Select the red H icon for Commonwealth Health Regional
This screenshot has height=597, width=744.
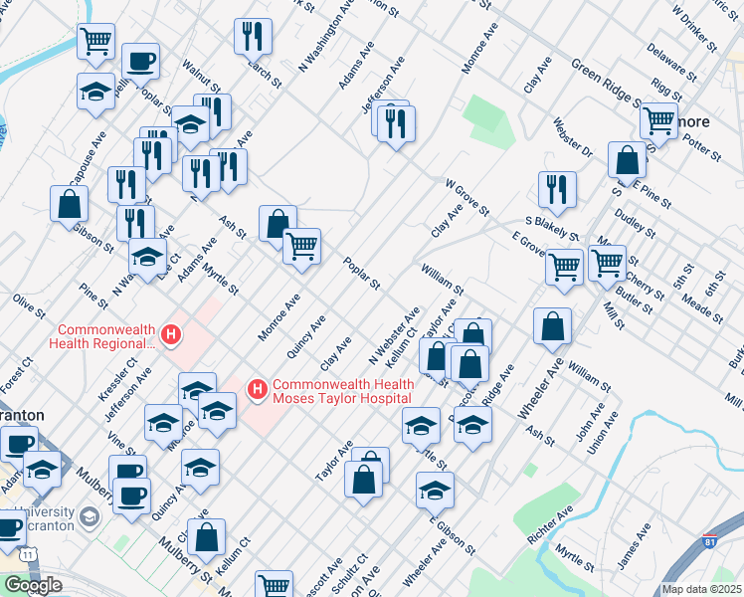click(172, 335)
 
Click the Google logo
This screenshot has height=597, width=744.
click(33, 585)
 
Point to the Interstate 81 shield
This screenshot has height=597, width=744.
click(708, 542)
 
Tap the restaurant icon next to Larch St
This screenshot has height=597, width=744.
click(253, 37)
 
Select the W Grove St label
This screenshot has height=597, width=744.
click(466, 197)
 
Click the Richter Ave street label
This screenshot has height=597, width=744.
click(550, 523)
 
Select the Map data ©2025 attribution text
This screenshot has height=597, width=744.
click(701, 589)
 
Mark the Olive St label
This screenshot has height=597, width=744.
click(29, 305)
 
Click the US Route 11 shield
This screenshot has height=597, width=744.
click(31, 552)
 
